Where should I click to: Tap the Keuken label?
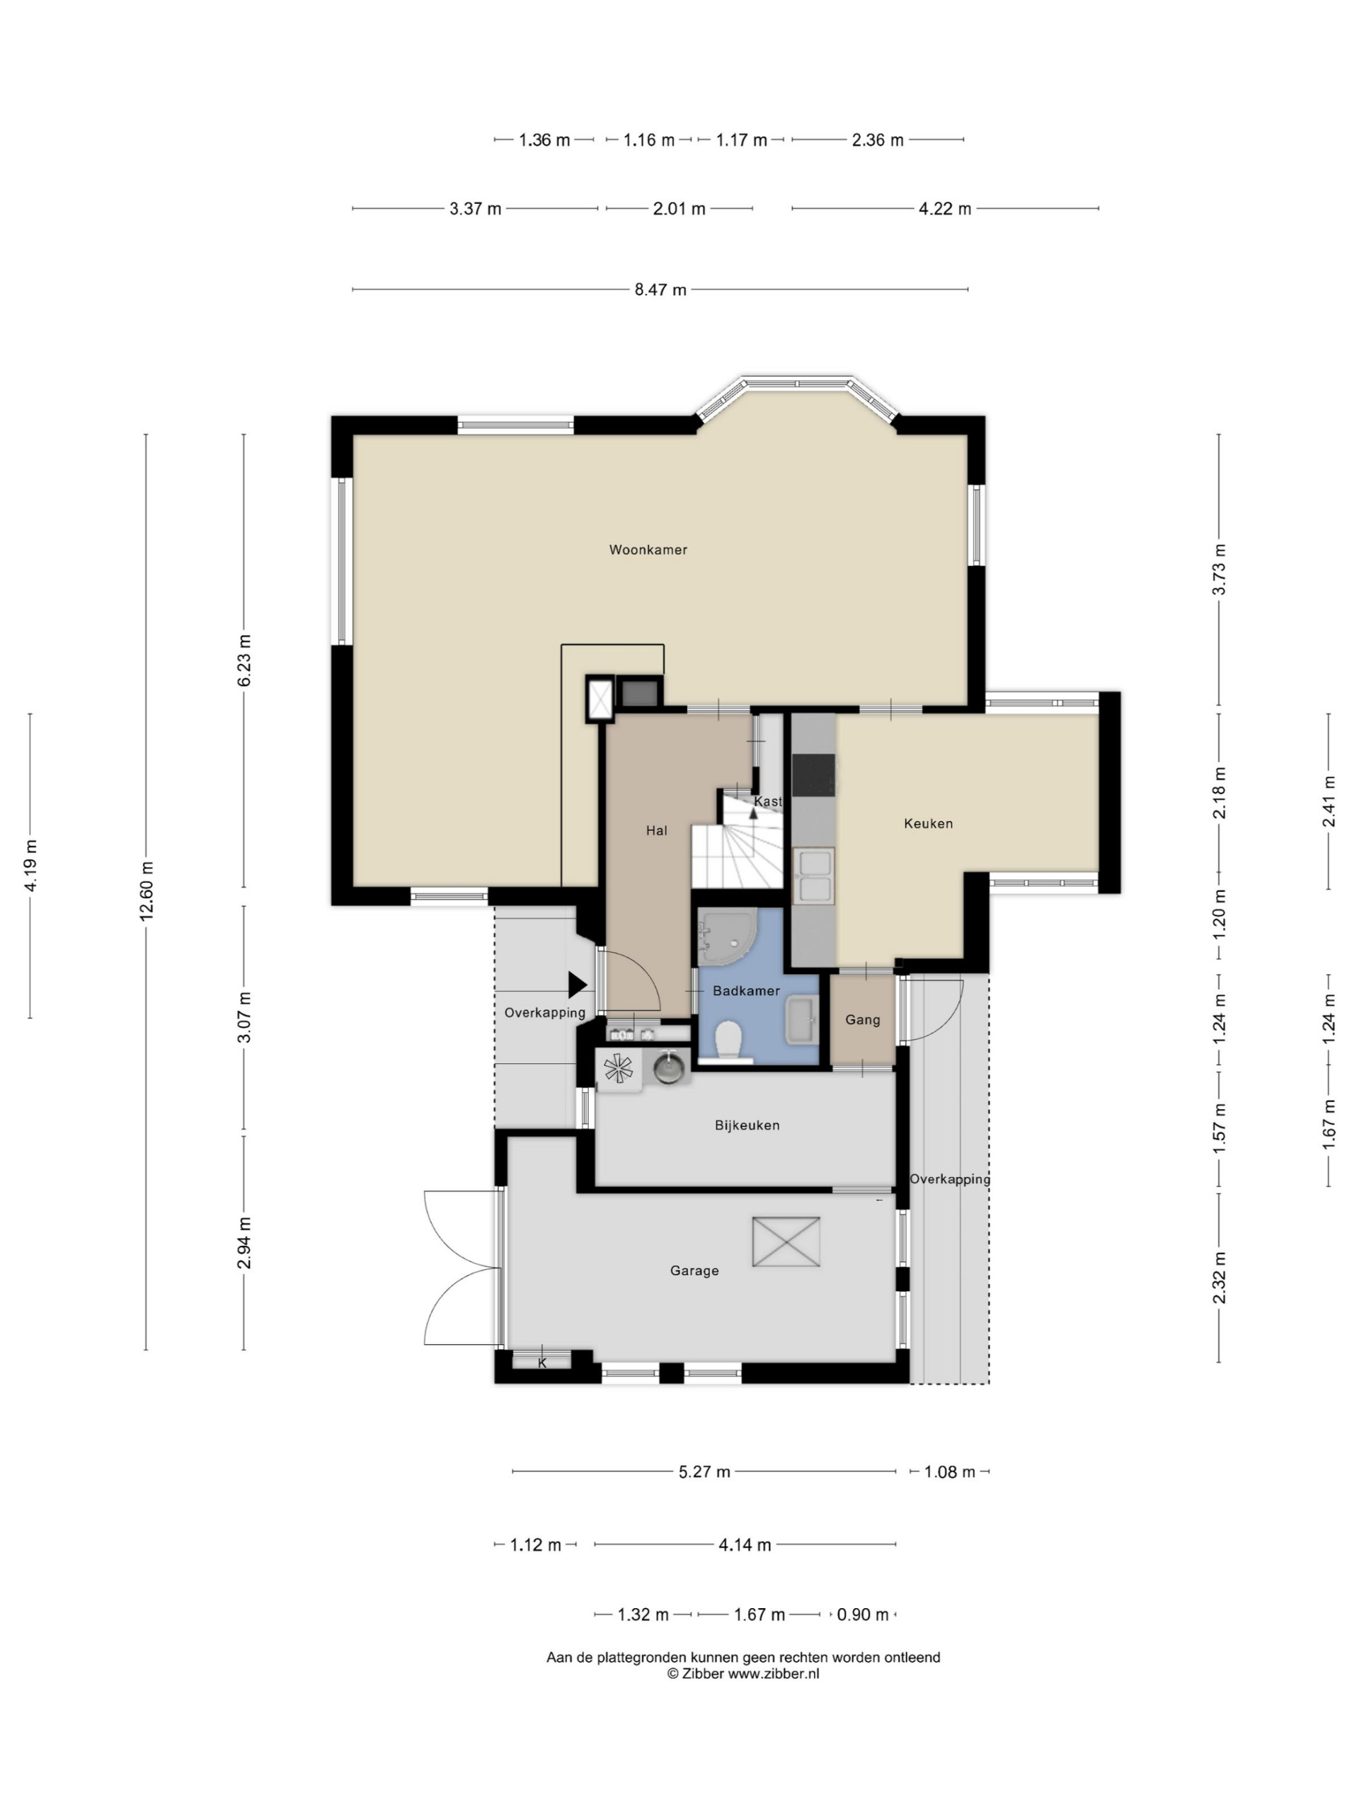(928, 823)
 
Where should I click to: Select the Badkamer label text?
(746, 990)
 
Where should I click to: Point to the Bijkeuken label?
(747, 1125)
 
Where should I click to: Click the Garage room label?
(694, 1271)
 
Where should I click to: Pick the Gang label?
(863, 1020)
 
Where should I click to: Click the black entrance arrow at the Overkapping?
(578, 985)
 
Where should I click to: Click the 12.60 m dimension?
(147, 891)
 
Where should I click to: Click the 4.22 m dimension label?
(944, 209)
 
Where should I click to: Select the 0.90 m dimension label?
(863, 1615)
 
